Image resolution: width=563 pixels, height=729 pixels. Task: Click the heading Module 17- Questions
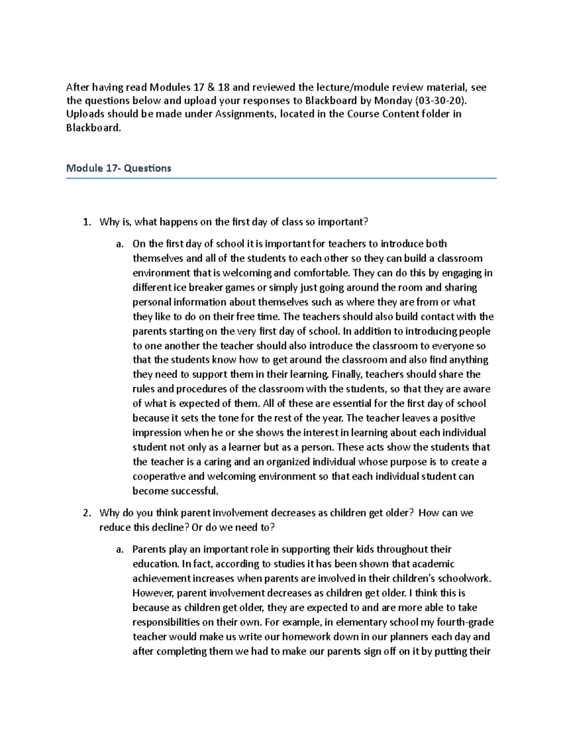(119, 168)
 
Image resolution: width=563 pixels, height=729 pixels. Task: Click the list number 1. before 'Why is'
(86, 222)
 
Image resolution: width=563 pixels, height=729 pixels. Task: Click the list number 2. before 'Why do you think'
(86, 513)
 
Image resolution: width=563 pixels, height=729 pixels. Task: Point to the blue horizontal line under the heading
(281, 178)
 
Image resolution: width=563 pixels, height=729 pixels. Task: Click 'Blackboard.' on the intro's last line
(93, 128)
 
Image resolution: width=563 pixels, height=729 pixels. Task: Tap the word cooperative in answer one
(159, 476)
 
